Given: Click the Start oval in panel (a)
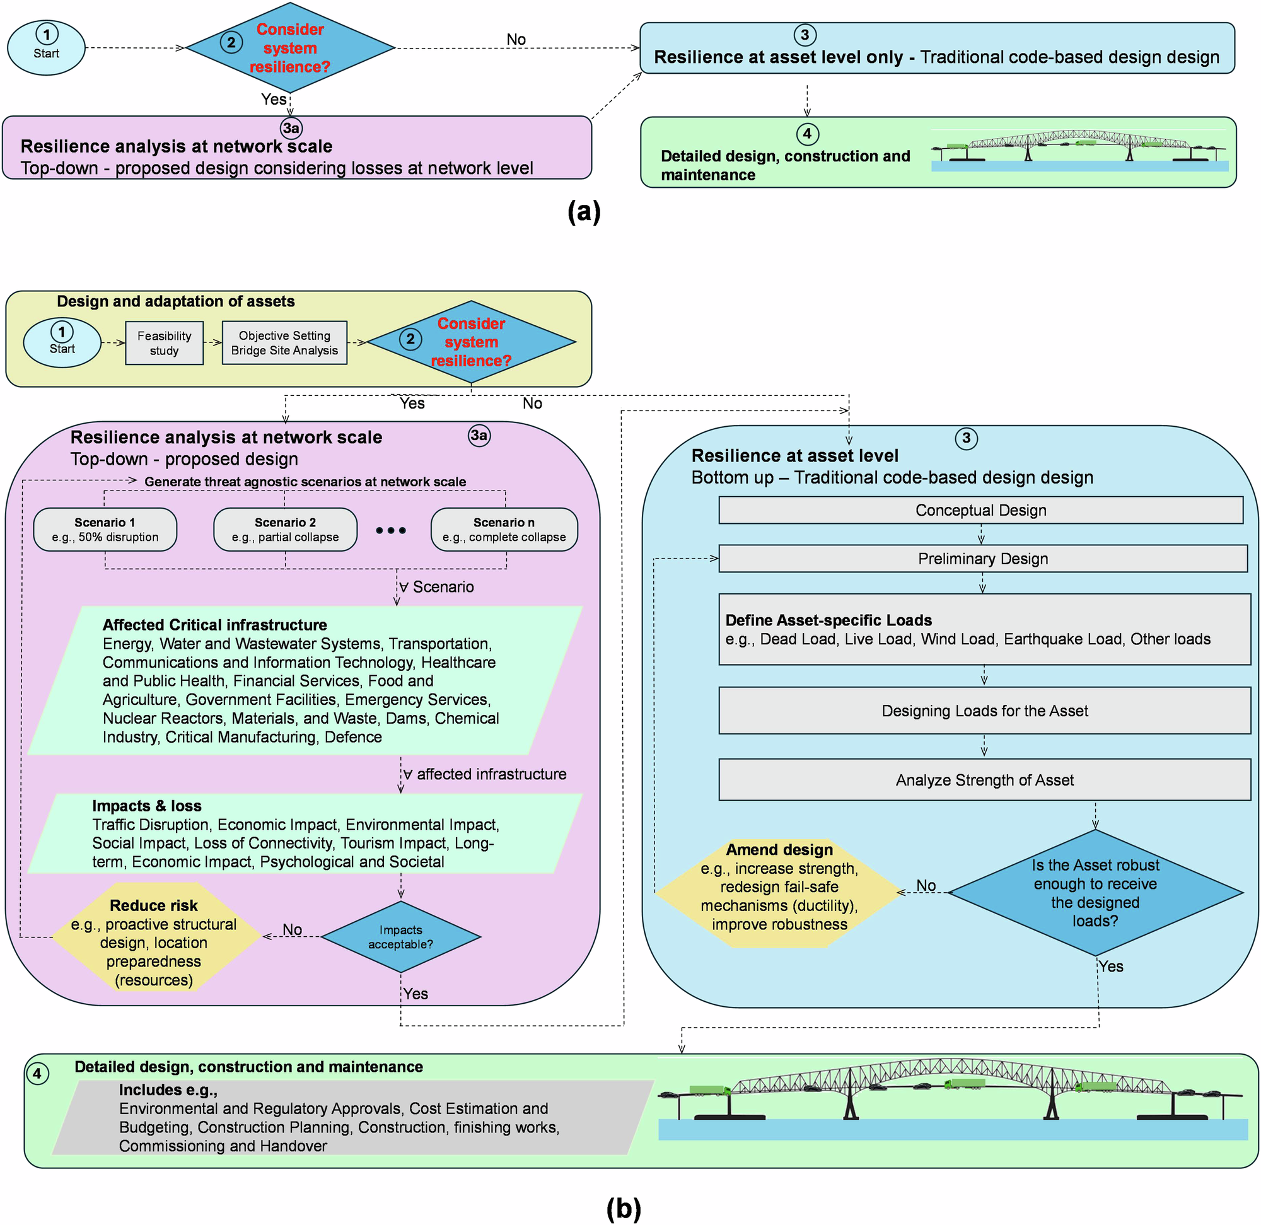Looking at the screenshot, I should point(46,48).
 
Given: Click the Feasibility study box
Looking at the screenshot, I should point(164,343).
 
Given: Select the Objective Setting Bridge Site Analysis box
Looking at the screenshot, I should point(284,343).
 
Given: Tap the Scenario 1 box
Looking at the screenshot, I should point(105,530).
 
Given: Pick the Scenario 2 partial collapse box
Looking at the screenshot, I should point(285,530).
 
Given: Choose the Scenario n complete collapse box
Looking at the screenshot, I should point(504,530).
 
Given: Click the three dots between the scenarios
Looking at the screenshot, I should point(391,531).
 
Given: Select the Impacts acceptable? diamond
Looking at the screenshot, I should point(401,937).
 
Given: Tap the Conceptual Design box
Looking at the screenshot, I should point(980,510).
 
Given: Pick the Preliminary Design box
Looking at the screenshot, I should point(982,559).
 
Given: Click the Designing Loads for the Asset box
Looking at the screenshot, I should point(984,711).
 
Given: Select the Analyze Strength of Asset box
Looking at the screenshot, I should point(984,780).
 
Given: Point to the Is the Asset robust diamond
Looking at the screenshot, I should point(1095,892).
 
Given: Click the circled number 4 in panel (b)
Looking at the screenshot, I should point(37,1073).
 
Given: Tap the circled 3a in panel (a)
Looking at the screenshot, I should point(291,128).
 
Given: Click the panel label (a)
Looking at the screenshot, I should point(584,211).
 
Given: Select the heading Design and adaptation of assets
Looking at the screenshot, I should point(176,301).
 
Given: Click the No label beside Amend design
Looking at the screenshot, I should point(926,885).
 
